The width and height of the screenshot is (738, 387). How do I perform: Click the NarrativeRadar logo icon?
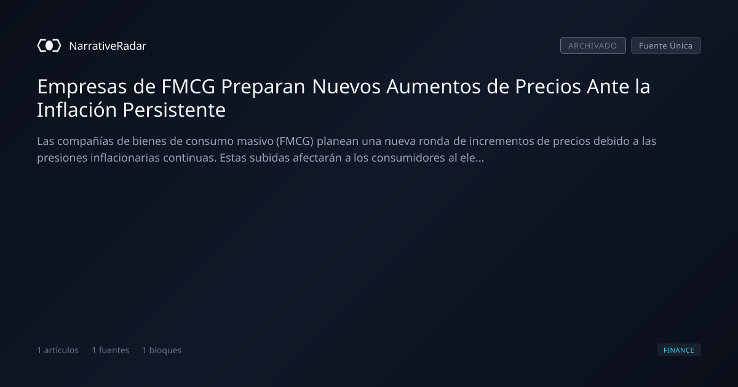coord(49,45)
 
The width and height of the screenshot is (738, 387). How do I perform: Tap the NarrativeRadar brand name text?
coord(108,46)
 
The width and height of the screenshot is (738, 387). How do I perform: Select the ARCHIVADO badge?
coord(593,45)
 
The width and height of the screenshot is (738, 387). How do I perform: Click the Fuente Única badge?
coord(666,45)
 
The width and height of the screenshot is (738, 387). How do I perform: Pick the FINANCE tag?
coord(679,350)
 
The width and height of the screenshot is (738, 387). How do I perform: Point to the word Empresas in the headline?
coord(82,87)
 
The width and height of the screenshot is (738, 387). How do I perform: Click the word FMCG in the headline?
coord(188,87)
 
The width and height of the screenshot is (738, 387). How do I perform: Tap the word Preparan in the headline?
coord(263,87)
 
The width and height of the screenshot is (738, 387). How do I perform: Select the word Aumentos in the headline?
coord(433,87)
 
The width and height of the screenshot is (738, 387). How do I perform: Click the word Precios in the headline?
coord(547,87)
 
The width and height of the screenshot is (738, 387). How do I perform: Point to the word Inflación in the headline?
coord(77,109)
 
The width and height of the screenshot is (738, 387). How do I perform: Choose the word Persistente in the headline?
coord(174,109)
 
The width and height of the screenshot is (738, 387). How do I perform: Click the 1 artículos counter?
coord(58,350)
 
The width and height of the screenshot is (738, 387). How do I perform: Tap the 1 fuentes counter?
coord(110,350)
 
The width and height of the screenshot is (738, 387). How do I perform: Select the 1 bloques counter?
coord(162,350)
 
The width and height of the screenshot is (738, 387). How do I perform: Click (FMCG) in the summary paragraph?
coord(295,141)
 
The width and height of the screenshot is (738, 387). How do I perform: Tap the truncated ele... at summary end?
coord(472,158)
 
